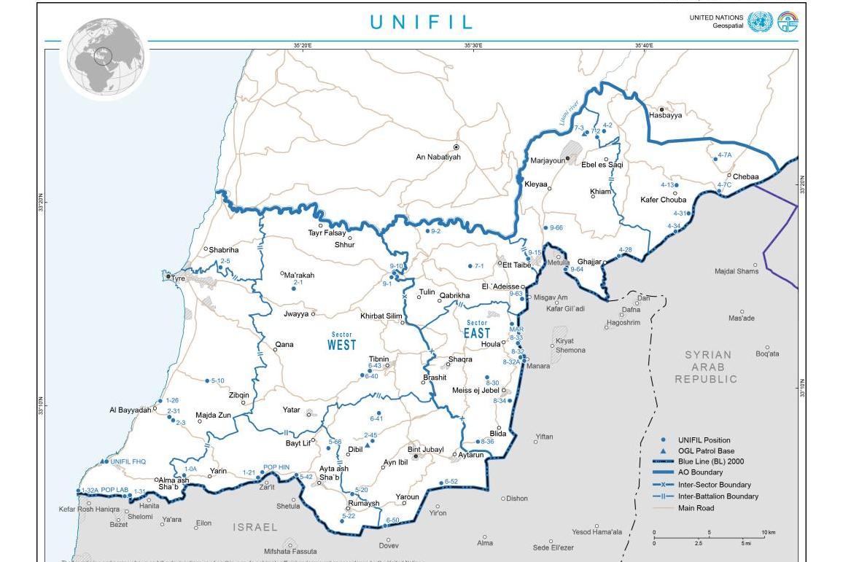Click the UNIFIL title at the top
tap(422, 22)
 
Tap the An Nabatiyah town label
tap(438, 157)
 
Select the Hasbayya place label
tap(665, 116)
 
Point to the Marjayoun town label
tap(548, 160)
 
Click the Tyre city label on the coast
tap(178, 278)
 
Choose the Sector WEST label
tap(341, 342)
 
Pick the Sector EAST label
tap(477, 330)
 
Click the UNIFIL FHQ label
tap(128, 461)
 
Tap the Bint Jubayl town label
tap(425, 450)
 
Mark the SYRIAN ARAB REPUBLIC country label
tap(706, 367)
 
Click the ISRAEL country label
tap(255, 527)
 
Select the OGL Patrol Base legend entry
tap(706, 451)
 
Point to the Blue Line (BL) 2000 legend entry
tap(710, 461)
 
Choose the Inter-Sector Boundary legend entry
tap(714, 485)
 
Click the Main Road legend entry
tap(696, 508)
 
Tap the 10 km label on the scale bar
tap(768, 533)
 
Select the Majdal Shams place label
tap(737, 271)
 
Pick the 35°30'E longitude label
tap(473, 46)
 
